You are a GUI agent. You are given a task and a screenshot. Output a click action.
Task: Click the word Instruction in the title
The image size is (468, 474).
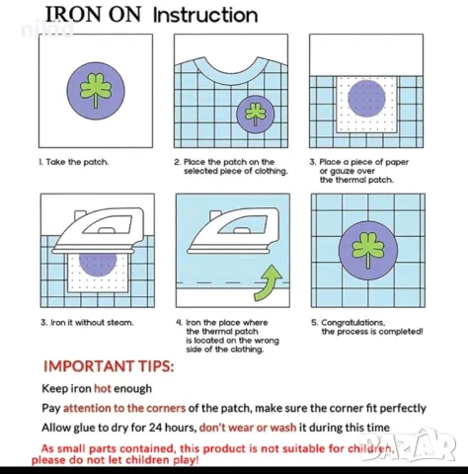tap(205, 15)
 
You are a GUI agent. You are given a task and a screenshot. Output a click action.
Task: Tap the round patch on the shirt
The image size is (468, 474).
tap(255, 115)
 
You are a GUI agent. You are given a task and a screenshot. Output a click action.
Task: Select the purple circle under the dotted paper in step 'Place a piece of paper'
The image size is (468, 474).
tap(366, 98)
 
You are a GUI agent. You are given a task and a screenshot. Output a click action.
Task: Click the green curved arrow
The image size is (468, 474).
tap(269, 282)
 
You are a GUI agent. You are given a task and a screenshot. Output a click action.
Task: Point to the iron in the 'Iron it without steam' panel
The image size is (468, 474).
tap(98, 230)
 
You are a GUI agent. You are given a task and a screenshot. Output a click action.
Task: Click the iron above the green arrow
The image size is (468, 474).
tap(233, 231)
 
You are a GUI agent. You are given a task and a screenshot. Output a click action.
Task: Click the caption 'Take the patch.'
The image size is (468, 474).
tap(74, 162)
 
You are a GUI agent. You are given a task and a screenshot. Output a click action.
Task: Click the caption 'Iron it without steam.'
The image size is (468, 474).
tap(87, 322)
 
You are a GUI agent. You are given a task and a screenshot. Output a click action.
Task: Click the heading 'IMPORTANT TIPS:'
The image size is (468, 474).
tap(109, 366)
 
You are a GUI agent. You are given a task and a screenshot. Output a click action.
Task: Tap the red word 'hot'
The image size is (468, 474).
tap(103, 388)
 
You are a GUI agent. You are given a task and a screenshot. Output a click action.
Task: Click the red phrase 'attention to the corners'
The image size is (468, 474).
tap(124, 408)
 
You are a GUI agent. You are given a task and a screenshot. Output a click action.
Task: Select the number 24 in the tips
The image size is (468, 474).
tap(155, 428)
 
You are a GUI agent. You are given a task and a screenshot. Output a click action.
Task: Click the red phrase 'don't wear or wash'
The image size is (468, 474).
tap(248, 428)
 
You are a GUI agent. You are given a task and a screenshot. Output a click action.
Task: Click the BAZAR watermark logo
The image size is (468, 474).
tap(408, 445)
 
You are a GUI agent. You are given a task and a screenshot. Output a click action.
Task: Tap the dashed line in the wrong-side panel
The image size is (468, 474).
tap(233, 282)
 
